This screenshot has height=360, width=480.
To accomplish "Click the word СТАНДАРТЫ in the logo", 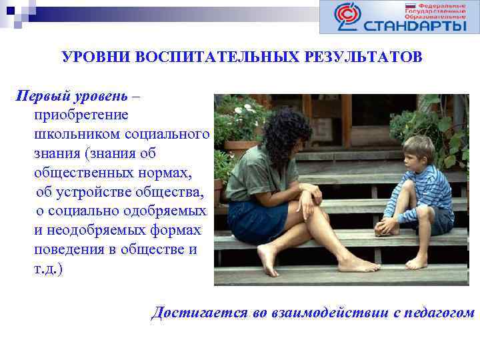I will point(415,25).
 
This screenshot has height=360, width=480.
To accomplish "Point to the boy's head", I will point(417,151).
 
